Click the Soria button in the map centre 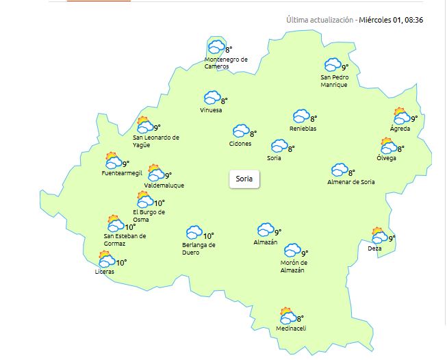click(244, 179)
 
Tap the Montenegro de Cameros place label click(226, 63)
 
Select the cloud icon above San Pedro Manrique click(333, 65)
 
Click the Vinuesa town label click(211, 110)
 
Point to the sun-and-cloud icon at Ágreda click(401, 116)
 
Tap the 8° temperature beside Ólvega click(401, 149)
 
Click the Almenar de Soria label click(351, 182)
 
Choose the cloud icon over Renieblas click(301, 117)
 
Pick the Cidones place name click(240, 144)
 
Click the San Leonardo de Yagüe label click(156, 141)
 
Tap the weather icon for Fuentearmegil click(114, 162)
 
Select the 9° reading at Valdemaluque click(168, 175)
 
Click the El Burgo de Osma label click(149, 216)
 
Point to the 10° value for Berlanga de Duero click(209, 236)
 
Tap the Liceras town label click(105, 272)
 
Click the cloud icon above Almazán click(266, 230)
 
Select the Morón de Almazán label click(294, 266)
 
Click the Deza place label click(374, 248)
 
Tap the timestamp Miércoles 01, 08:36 click(392, 20)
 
